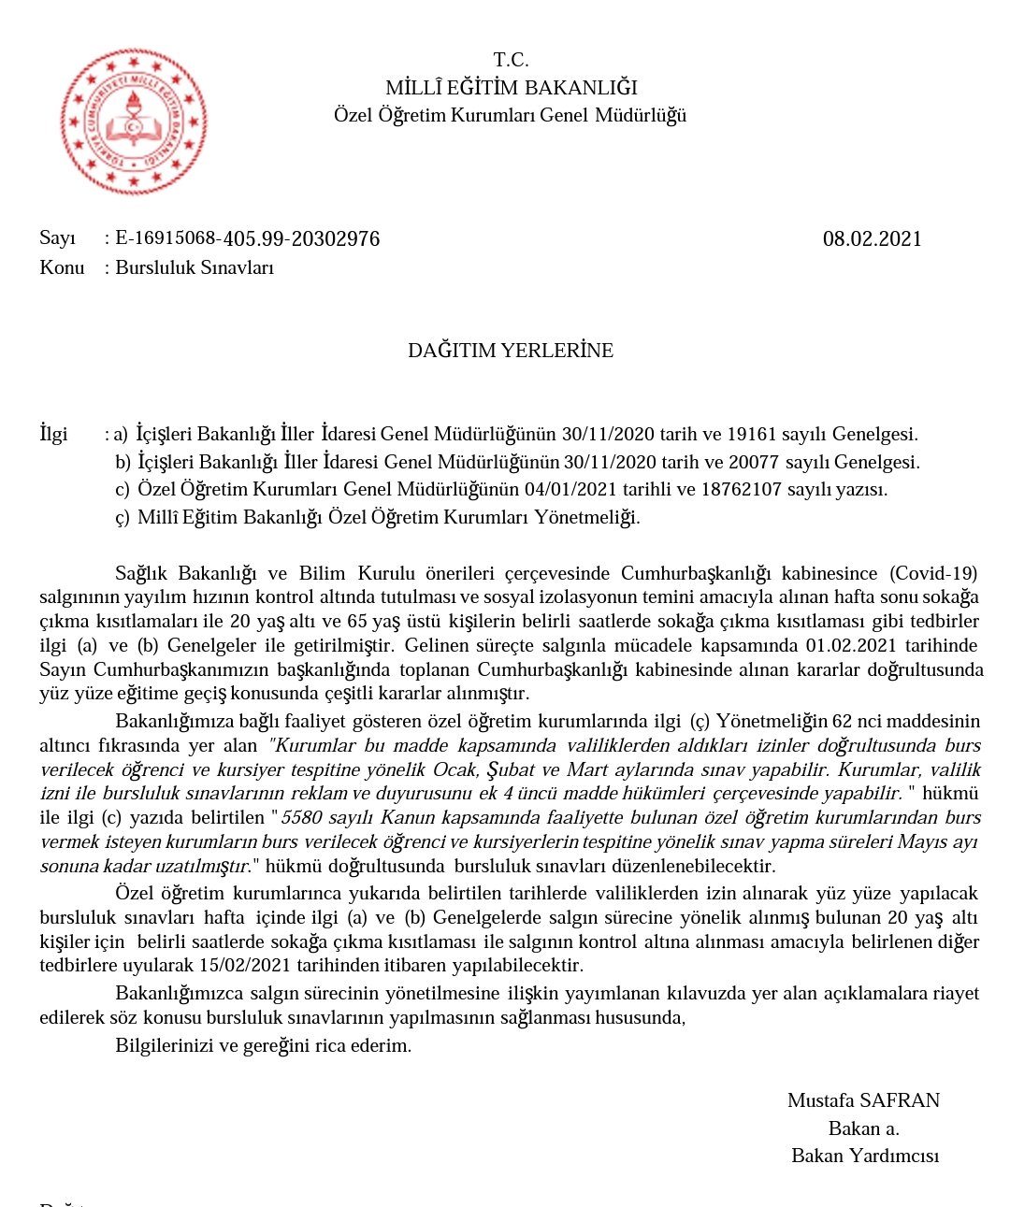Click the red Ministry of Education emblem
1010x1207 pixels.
(133, 122)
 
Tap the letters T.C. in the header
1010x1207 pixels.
(511, 60)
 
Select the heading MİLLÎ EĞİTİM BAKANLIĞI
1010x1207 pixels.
(511, 88)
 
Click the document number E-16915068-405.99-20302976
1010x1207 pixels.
(248, 238)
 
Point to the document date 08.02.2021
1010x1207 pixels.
(872, 238)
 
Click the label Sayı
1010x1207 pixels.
(57, 238)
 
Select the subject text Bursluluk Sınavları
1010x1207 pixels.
(195, 267)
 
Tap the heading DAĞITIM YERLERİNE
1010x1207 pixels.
(511, 351)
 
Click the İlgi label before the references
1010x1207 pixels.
(53, 434)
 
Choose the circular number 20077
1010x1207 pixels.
(755, 462)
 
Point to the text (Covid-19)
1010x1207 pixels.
(933, 573)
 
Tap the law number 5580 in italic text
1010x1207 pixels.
(301, 817)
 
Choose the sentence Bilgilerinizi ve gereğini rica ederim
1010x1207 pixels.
(263, 1045)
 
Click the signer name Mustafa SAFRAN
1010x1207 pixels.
(863, 1100)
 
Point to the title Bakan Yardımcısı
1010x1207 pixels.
(865, 1156)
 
